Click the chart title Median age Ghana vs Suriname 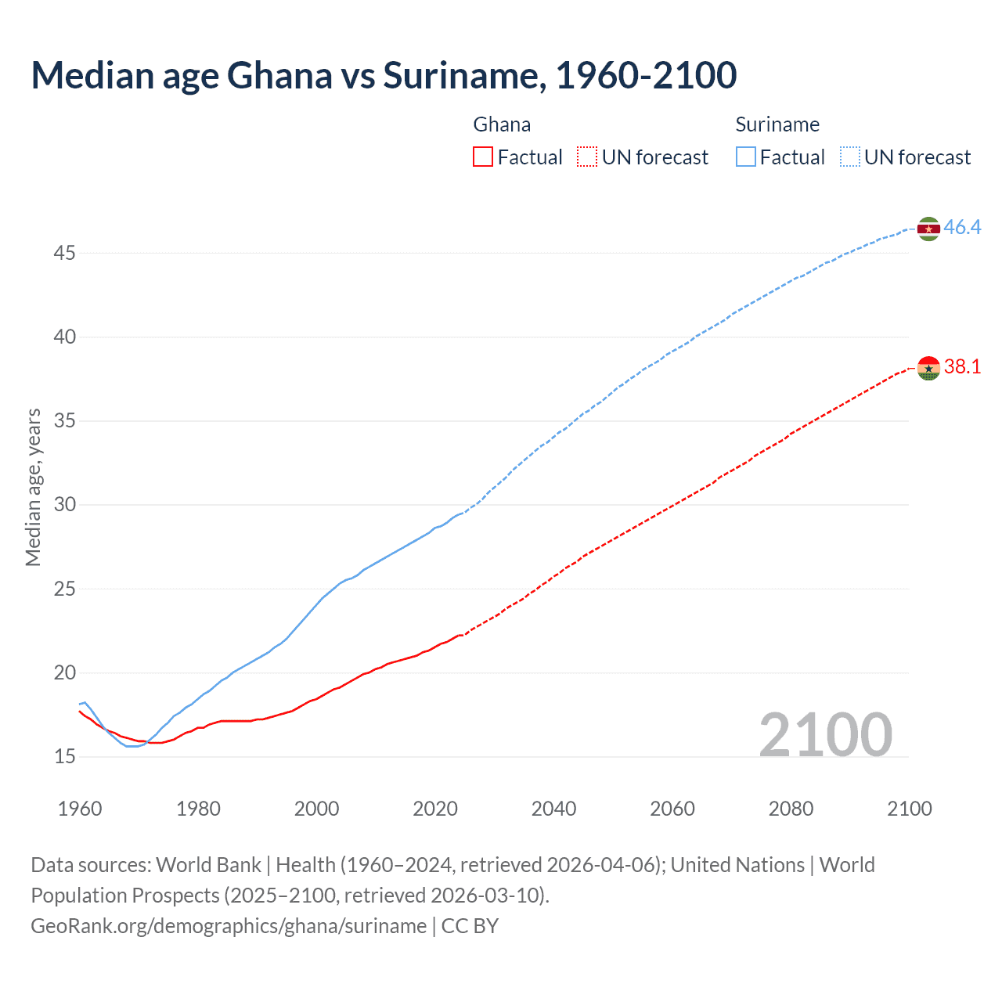[384, 75]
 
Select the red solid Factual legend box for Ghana [483, 157]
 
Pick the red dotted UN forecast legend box [587, 157]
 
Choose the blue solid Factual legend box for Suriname [746, 157]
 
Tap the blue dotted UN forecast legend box [849, 157]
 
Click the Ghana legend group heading [502, 124]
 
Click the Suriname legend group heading [777, 124]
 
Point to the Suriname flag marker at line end [928, 229]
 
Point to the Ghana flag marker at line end [928, 368]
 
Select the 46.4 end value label [962, 228]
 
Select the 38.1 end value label [962, 367]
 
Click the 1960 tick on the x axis [80, 809]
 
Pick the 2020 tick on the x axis [435, 809]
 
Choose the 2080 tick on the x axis [791, 809]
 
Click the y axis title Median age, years [33, 487]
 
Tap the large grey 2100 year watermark [825, 734]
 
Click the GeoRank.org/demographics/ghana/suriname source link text [229, 926]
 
